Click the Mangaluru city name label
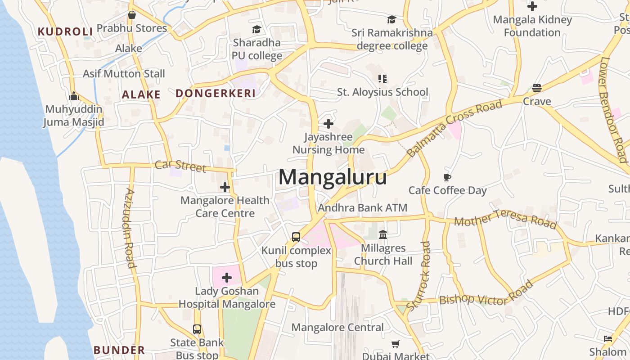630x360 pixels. [333, 177]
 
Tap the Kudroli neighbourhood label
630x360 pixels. [65, 31]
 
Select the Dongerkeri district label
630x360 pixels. [216, 93]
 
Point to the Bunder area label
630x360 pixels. [119, 350]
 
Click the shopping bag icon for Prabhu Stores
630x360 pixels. [132, 15]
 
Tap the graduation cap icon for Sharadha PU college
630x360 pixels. [256, 30]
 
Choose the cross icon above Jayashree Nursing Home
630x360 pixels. [328, 123]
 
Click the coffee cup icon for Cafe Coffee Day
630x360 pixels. [447, 177]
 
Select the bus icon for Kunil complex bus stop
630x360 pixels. [296, 237]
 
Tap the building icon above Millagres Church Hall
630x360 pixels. [383, 234]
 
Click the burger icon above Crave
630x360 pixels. [536, 88]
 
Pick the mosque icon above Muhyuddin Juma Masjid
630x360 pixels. [74, 96]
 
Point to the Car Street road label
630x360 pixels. [180, 166]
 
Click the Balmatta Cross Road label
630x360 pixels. [454, 128]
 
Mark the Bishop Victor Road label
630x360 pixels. [486, 295]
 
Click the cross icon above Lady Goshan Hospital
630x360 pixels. [227, 278]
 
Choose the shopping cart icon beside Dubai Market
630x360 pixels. [396, 344]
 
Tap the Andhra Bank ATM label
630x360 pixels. [363, 208]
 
